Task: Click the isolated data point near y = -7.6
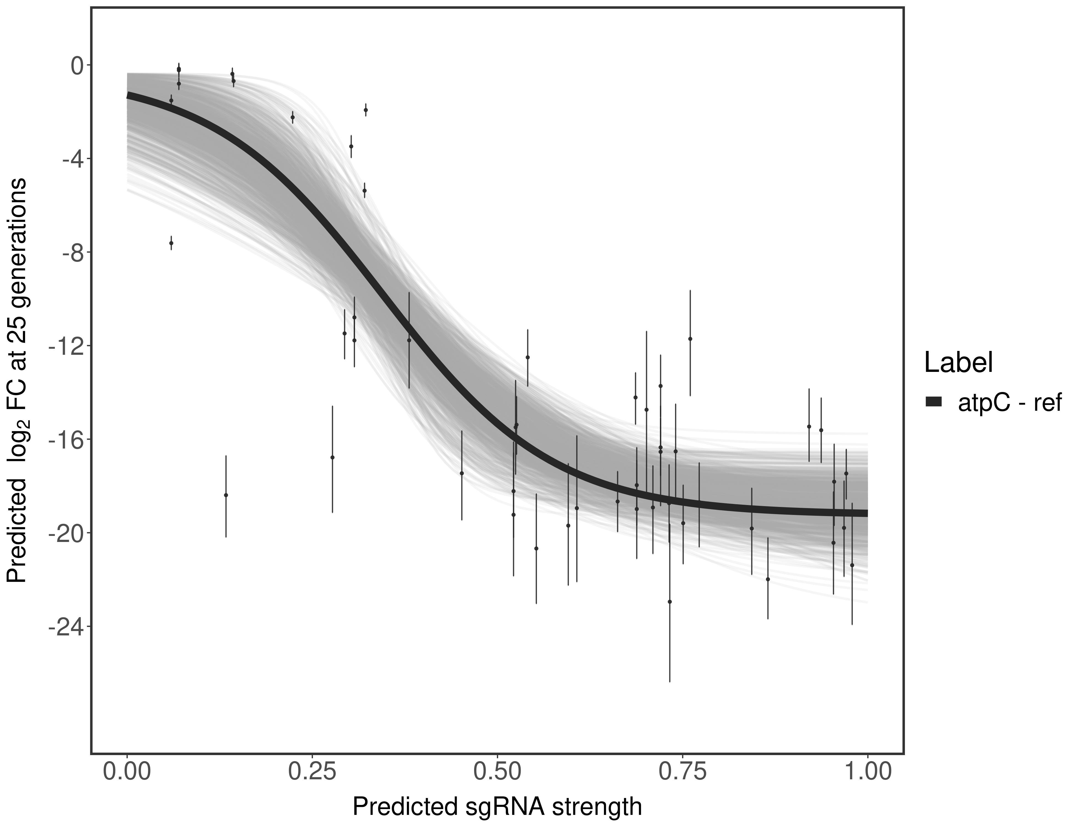pos(171,243)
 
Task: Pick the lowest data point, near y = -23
pos(670,602)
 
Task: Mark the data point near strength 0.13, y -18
pos(226,495)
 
